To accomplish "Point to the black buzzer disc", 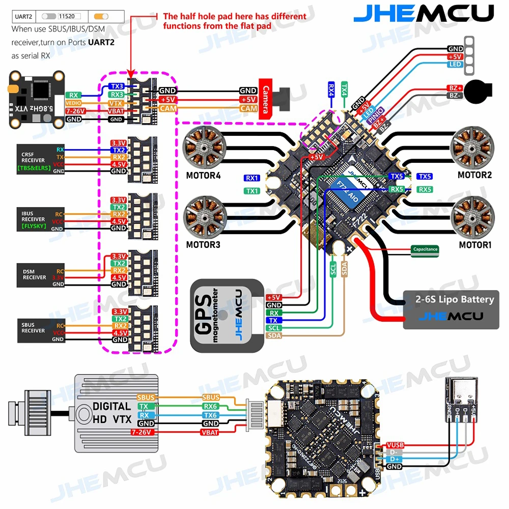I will pyautogui.click(x=478, y=92).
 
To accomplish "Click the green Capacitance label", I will pyautogui.click(x=425, y=249).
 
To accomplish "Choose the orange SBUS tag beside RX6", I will pyautogui.click(x=211, y=397).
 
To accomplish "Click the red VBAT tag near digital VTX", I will pyautogui.click(x=210, y=432).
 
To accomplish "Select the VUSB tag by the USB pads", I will pyautogui.click(x=395, y=445).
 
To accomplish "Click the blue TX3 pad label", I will pyautogui.click(x=117, y=86).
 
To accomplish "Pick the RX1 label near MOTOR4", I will pyautogui.click(x=251, y=178).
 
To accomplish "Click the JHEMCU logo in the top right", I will pyautogui.click(x=423, y=13).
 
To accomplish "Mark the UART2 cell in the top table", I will pyautogui.click(x=23, y=16).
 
